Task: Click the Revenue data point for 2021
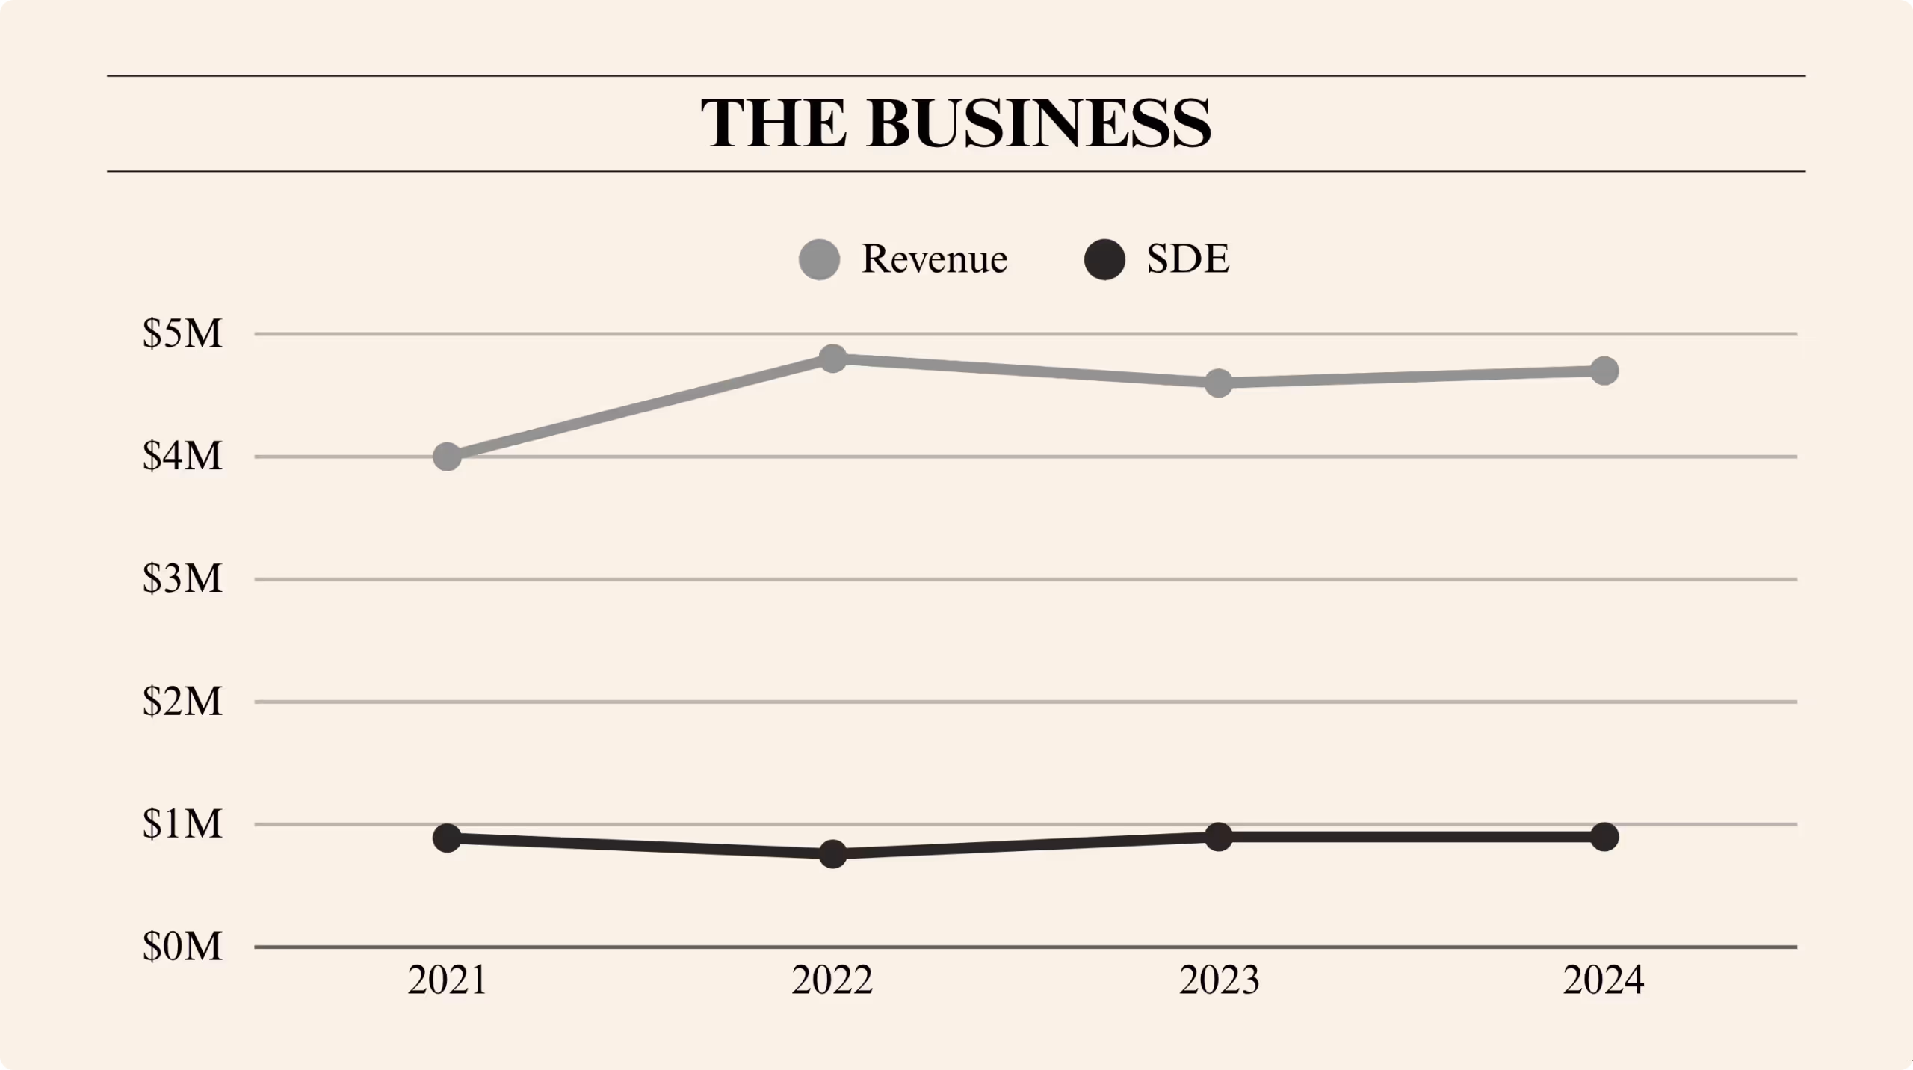coord(447,456)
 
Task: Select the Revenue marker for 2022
coord(832,359)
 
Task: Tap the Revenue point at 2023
coord(1219,383)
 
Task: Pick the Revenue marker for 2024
coord(1604,371)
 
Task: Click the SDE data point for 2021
coord(447,838)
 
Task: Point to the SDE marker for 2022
coord(832,853)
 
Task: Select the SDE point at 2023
coord(1219,836)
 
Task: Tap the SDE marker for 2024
coord(1604,836)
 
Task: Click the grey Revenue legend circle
coord(819,259)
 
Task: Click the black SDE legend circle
coord(1104,259)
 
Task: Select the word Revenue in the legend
coord(934,259)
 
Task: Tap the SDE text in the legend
coord(1187,259)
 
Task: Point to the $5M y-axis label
coord(182,333)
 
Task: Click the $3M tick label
coord(182,578)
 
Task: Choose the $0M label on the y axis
coord(182,947)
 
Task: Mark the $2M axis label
coord(182,702)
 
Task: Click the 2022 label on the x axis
coord(832,980)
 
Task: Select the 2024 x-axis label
coord(1604,980)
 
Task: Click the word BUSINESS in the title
coord(1039,123)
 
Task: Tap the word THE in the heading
coord(773,123)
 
